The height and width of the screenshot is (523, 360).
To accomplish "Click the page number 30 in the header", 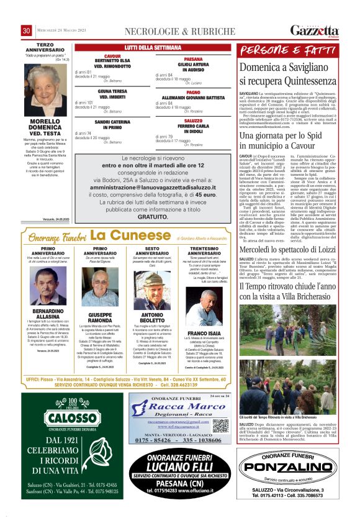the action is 27,31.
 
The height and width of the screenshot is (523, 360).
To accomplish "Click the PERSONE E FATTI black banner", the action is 287,50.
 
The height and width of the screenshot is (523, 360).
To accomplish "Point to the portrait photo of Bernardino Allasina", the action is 48,286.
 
